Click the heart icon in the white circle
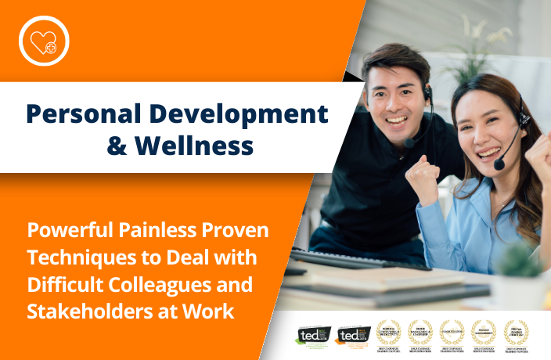coord(44,40)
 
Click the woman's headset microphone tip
coord(499,164)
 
